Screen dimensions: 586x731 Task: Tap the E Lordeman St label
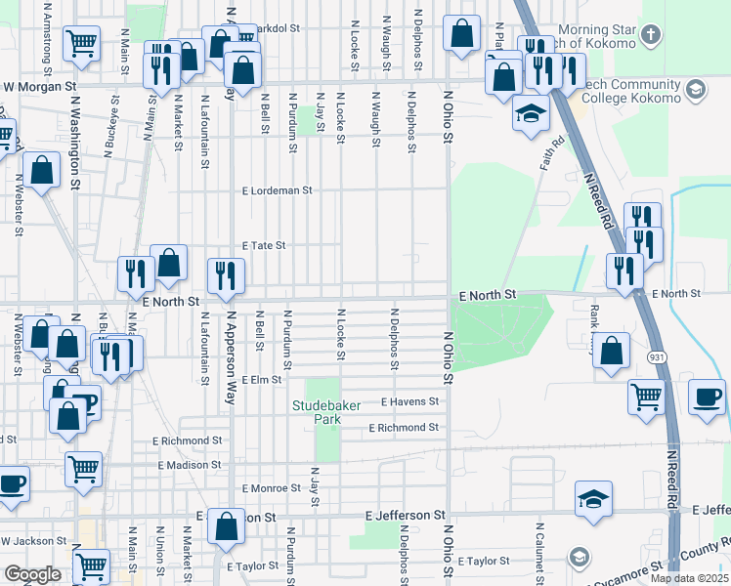277,190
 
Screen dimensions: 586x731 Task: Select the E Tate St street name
263,246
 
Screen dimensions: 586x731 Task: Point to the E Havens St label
409,401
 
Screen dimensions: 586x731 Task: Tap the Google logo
32,574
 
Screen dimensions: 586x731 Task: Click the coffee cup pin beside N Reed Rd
708,397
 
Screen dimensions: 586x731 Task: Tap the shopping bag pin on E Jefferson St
226,525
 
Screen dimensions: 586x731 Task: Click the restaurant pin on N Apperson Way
225,275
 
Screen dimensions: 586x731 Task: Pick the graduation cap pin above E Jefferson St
593,499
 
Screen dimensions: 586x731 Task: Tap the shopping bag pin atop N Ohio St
460,32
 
